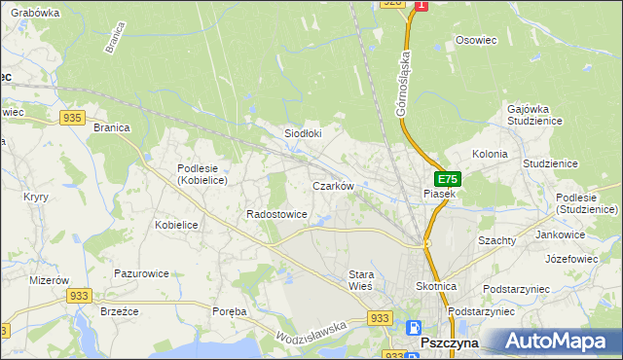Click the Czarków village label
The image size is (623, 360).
[332, 185]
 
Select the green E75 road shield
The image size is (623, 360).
[447, 179]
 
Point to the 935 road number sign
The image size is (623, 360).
[71, 117]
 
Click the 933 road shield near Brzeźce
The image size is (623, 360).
[80, 294]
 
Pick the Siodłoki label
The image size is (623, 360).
[302, 133]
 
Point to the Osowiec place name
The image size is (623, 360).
[476, 41]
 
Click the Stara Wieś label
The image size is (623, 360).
[361, 281]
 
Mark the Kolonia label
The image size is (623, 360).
[490, 154]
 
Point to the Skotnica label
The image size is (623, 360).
[436, 287]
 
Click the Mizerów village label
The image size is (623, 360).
[23, 278]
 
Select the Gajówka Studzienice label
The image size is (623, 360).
[535, 116]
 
